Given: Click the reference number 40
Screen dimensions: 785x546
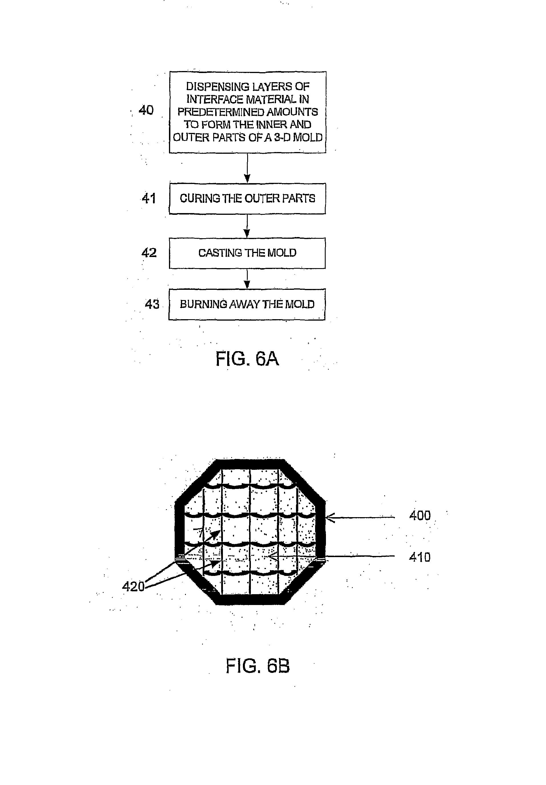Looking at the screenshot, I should [x=146, y=110].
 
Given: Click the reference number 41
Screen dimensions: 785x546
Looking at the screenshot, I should [x=149, y=198].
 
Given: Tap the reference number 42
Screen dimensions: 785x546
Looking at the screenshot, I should [x=149, y=253].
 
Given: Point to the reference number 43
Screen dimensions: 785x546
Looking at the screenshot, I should [x=152, y=304].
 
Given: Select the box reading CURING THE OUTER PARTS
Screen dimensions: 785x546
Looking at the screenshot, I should [x=247, y=199].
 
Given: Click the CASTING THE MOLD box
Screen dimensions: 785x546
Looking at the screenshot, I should [x=247, y=253].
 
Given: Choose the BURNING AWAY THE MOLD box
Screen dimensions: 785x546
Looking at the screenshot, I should [x=247, y=304].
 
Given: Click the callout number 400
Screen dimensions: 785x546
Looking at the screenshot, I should [x=420, y=515].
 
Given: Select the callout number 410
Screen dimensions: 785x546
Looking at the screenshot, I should [x=420, y=557].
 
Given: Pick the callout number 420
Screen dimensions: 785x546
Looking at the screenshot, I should [x=133, y=587].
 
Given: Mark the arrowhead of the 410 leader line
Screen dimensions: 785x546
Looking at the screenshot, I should [x=271, y=557].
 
